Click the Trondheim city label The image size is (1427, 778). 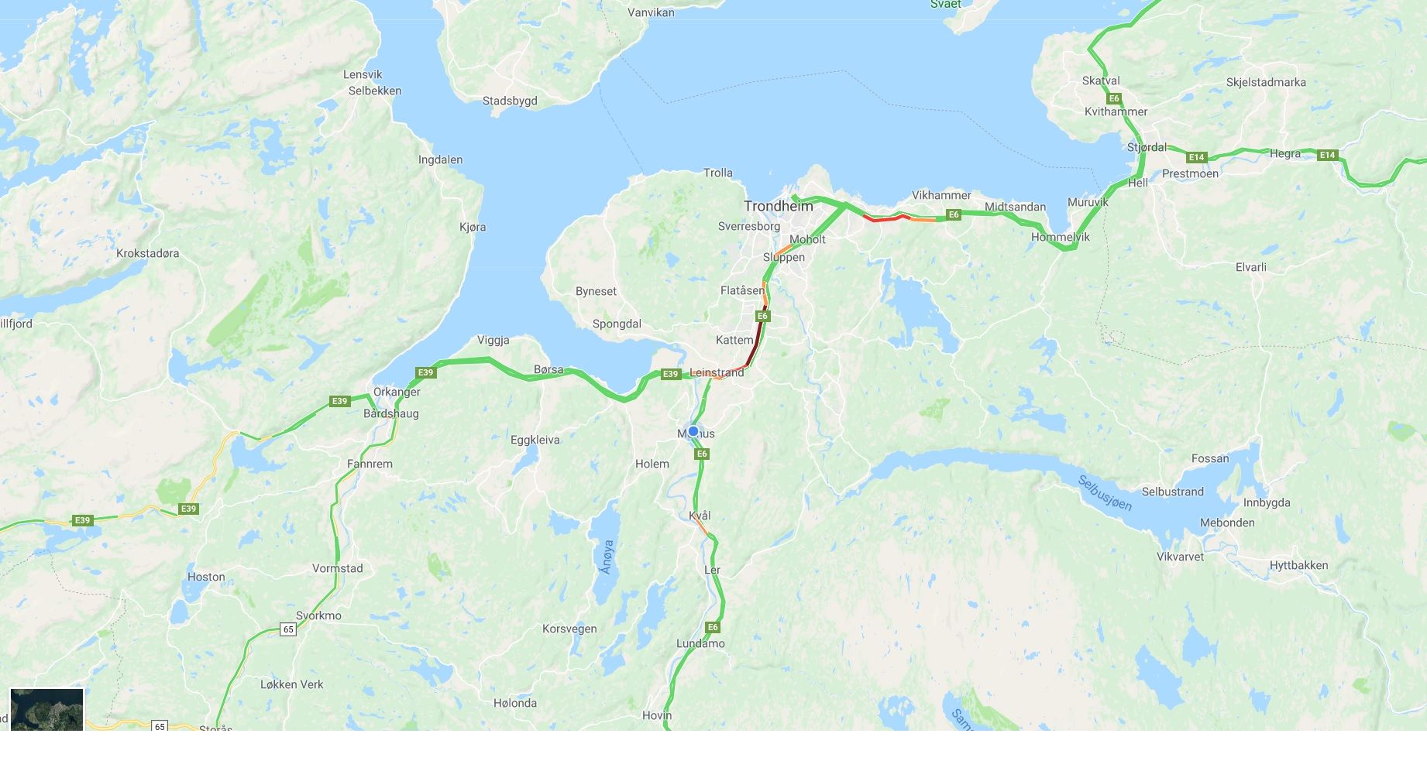pyautogui.click(x=779, y=206)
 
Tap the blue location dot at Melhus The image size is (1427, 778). pyautogui.click(x=693, y=431)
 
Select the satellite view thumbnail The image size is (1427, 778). pyautogui.click(x=46, y=709)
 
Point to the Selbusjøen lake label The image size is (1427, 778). pyautogui.click(x=1105, y=493)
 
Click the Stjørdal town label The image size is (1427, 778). pyautogui.click(x=1147, y=147)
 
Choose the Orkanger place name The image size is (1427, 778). pyautogui.click(x=397, y=392)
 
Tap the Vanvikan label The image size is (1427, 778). pyautogui.click(x=651, y=12)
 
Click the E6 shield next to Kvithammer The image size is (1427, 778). pyautogui.click(x=1114, y=98)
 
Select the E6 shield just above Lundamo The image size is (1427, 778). pyautogui.click(x=713, y=627)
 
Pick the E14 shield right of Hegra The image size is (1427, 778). pyautogui.click(x=1328, y=155)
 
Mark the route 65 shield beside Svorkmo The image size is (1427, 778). pyautogui.click(x=288, y=629)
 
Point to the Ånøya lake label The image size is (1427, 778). pyautogui.click(x=607, y=557)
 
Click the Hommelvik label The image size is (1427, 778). pyautogui.click(x=1060, y=237)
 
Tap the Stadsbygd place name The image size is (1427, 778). pyautogui.click(x=510, y=101)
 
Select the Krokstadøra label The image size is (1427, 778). pyautogui.click(x=147, y=253)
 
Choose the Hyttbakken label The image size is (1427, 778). pyautogui.click(x=1298, y=565)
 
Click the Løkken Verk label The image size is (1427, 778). pyautogui.click(x=292, y=684)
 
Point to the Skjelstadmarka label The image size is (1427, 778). pyautogui.click(x=1266, y=82)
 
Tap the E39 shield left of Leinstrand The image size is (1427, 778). pyautogui.click(x=670, y=374)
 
